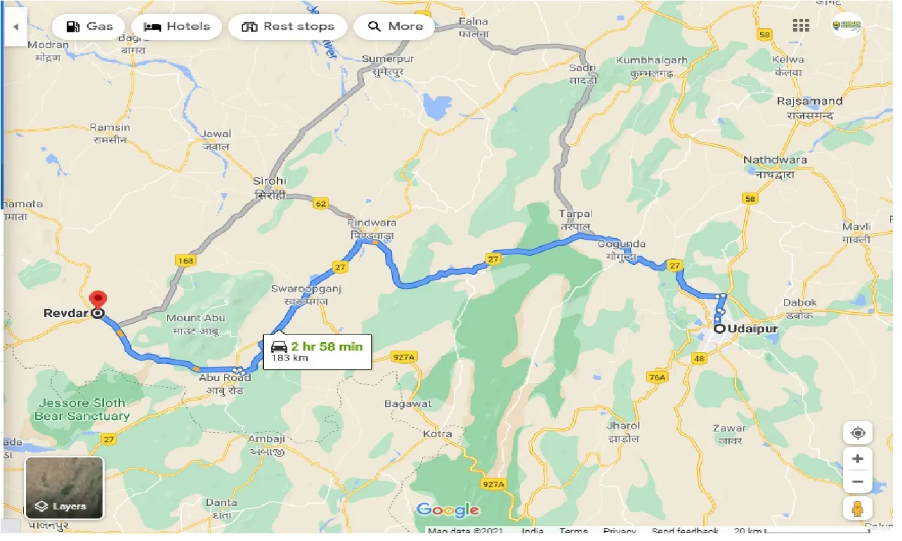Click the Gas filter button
[x=89, y=27]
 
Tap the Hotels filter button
[x=176, y=27]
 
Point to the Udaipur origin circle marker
[x=719, y=328]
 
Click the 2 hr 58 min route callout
[x=318, y=350]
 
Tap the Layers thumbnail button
[x=65, y=488]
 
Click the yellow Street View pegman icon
[x=858, y=508]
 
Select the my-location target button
[x=858, y=432]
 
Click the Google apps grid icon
[x=801, y=26]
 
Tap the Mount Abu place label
[x=196, y=318]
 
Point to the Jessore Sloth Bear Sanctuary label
[x=82, y=409]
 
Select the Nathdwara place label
[x=775, y=160]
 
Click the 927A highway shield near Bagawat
[x=405, y=358]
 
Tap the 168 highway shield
[x=185, y=261]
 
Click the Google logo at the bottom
[x=447, y=510]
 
